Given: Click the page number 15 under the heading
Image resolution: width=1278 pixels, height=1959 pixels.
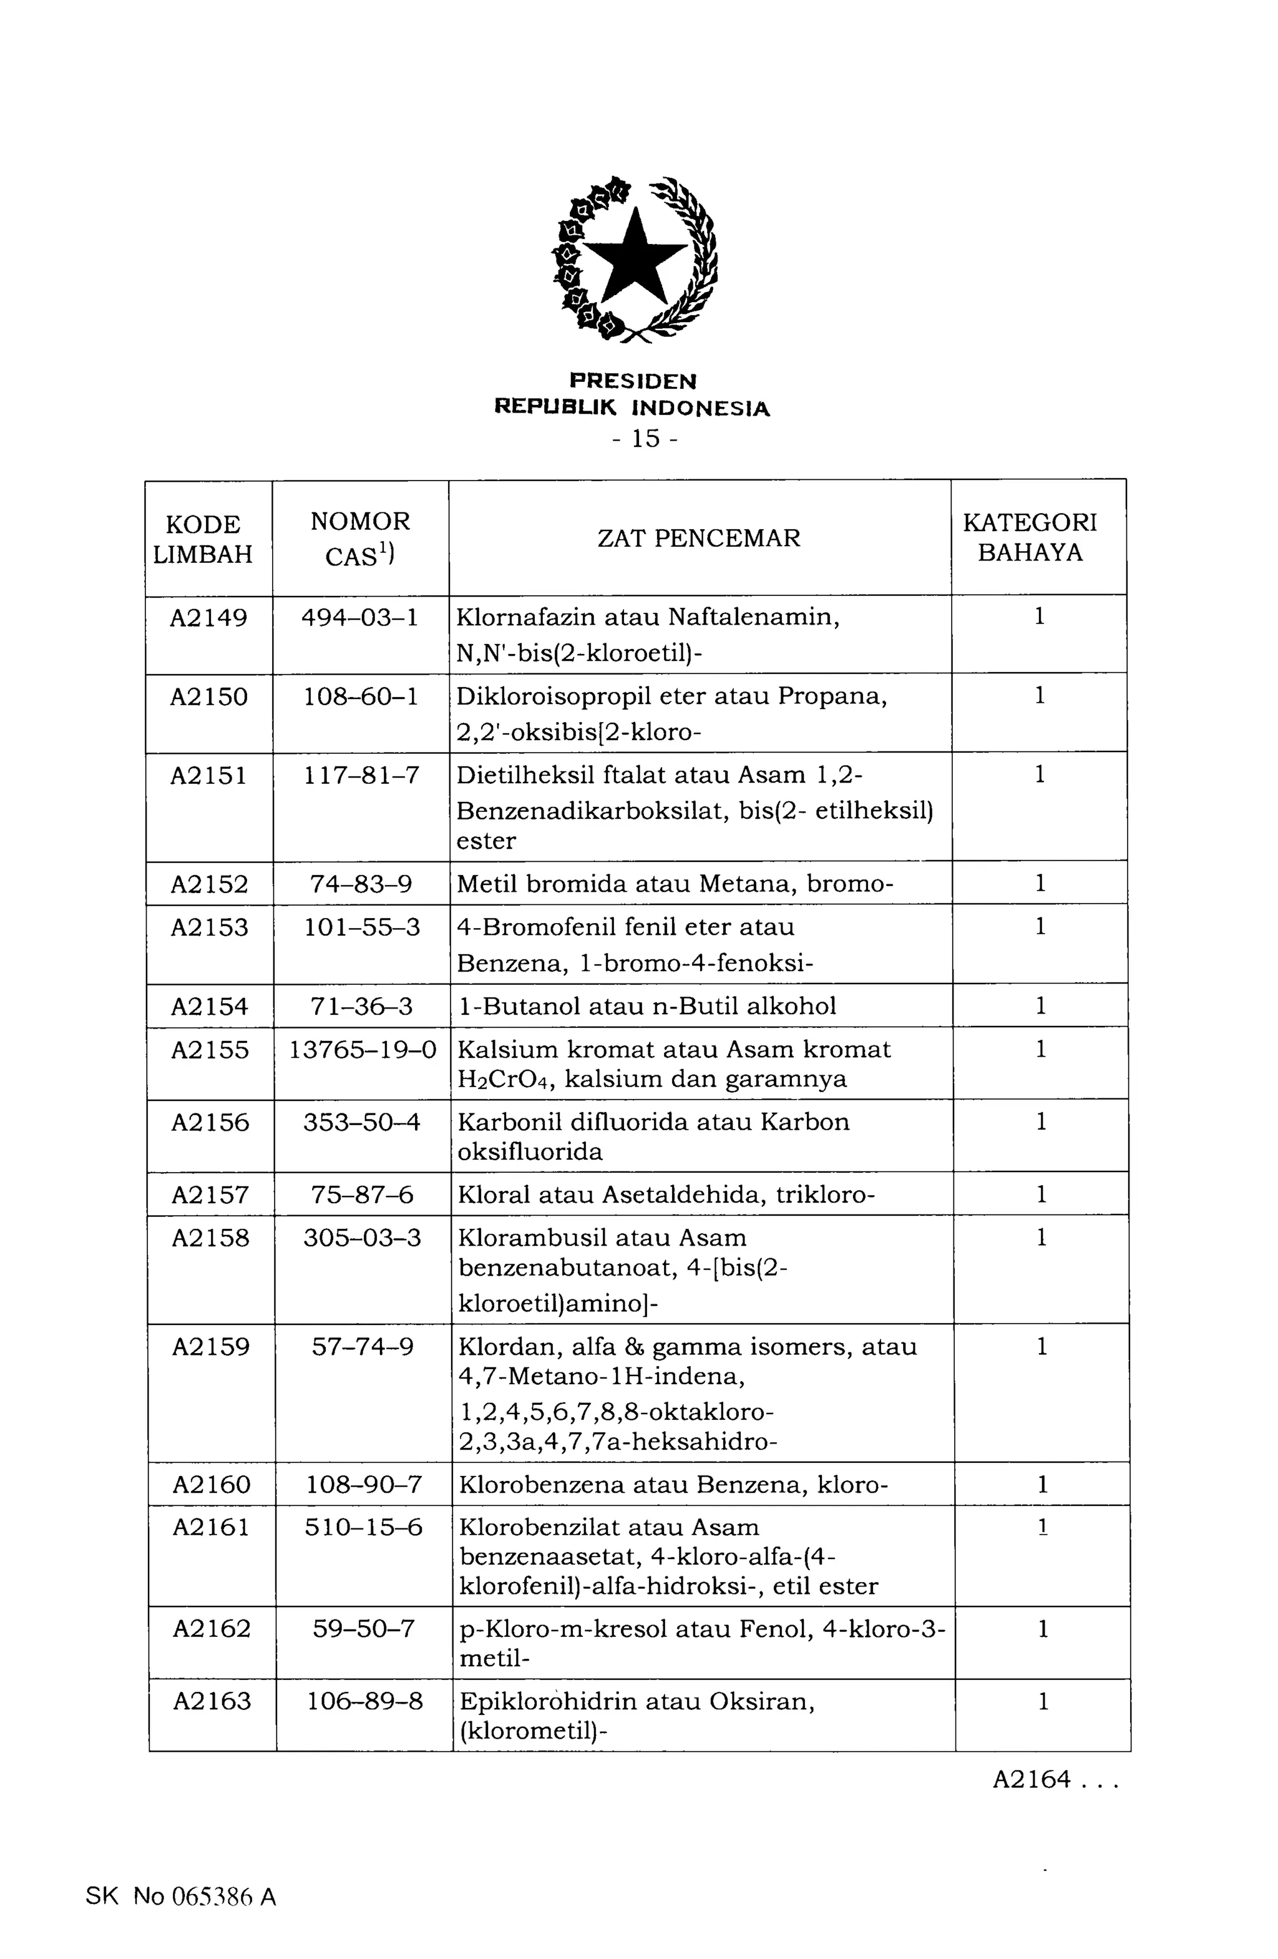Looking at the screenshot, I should [x=646, y=439].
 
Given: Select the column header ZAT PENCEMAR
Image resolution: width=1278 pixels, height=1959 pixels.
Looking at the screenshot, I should [x=699, y=539].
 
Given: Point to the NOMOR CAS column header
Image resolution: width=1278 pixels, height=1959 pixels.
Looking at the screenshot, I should [x=361, y=539].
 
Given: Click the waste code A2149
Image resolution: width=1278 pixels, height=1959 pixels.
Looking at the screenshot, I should [x=208, y=617].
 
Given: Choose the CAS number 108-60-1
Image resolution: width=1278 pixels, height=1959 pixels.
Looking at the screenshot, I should [x=361, y=696].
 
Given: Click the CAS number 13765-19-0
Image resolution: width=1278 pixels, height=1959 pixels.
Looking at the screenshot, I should [x=363, y=1050].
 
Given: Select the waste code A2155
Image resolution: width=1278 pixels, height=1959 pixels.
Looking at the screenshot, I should [x=210, y=1050].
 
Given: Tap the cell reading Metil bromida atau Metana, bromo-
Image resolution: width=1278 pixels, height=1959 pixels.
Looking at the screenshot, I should [x=675, y=884].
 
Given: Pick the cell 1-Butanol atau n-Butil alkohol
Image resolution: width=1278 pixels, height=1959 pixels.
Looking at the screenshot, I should [x=647, y=1006].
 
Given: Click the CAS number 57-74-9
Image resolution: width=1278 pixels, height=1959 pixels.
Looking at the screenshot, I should [x=363, y=1347].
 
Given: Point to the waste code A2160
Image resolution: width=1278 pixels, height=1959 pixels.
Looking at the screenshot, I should [x=212, y=1484].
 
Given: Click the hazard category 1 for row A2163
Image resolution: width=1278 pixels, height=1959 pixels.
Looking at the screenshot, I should [x=1043, y=1701].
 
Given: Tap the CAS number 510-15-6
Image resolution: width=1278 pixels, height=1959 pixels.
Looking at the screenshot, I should [x=363, y=1528].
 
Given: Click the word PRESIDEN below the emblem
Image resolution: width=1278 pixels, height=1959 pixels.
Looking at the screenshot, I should [x=633, y=381].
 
